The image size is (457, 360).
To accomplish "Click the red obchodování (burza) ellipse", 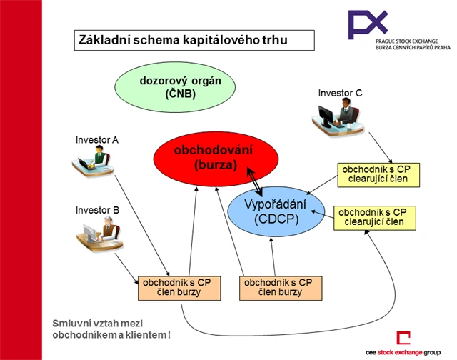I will [204, 158].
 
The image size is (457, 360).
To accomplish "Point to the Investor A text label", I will [96, 139].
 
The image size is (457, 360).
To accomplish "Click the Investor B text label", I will [96, 210].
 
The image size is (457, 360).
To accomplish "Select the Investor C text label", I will [340, 92].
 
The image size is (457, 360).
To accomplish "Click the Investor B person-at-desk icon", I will [99, 235].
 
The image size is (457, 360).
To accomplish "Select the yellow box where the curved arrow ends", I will [374, 217].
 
